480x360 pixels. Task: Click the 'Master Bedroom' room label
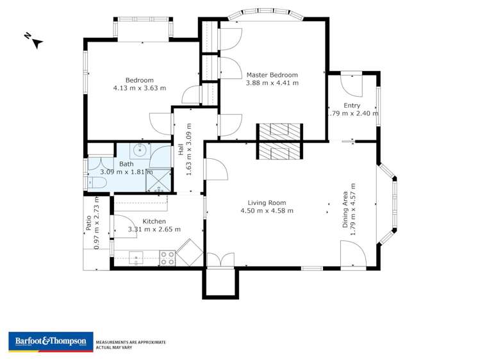pos(272,74)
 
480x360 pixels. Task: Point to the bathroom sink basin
pos(140,152)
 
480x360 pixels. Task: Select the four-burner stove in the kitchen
pos(167,258)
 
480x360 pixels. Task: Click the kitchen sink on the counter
pos(137,258)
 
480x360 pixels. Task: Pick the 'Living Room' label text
pos(267,202)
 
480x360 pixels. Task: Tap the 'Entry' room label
pos(352,106)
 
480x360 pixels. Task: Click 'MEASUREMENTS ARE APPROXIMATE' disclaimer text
pos(131,342)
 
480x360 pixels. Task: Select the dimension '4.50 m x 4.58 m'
pos(267,211)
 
